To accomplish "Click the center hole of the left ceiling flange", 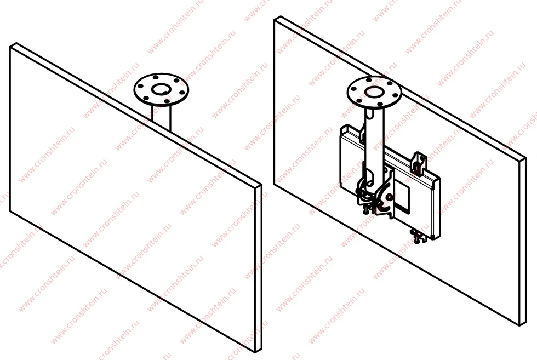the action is click(161, 90).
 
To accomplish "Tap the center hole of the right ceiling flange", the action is click(374, 92).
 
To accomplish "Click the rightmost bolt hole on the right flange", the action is click(395, 95).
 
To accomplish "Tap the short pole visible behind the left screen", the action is click(161, 118).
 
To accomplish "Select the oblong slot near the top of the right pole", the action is click(369, 113).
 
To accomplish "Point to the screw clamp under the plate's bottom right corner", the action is click(419, 236).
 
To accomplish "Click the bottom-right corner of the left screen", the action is click(256, 352).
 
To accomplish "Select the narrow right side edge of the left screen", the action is click(259, 268).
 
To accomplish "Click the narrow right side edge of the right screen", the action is click(523, 241).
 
